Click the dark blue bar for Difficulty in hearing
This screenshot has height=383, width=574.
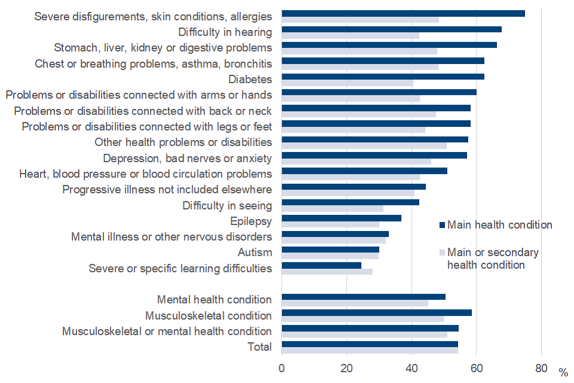pos(391,29)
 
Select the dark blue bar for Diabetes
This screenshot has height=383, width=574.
pos(383,77)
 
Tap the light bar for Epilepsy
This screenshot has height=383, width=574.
pos(330,224)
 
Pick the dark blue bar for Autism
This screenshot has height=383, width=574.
pos(330,250)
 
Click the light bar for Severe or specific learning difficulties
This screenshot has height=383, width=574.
pos(327,272)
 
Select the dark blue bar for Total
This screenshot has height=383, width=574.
pos(370,344)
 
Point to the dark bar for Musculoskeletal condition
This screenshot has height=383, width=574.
pos(376,312)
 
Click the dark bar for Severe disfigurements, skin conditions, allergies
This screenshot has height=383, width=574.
pos(403,14)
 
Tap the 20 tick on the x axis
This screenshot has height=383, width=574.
pos(346,367)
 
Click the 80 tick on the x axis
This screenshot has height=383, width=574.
pos(541,367)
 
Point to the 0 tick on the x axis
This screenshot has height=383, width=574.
pos(282,367)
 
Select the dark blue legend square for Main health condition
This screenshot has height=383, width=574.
pos(442,225)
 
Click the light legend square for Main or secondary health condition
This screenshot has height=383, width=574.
pos(442,253)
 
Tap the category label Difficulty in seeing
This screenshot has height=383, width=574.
pos(227,206)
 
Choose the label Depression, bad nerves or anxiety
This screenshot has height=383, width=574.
pos(187,159)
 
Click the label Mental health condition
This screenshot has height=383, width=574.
pos(214,299)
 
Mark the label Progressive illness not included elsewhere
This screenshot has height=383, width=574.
pos(167,190)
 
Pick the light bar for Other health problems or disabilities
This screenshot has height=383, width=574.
pos(364,145)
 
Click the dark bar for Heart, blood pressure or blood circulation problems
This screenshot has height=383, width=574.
pos(364,171)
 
